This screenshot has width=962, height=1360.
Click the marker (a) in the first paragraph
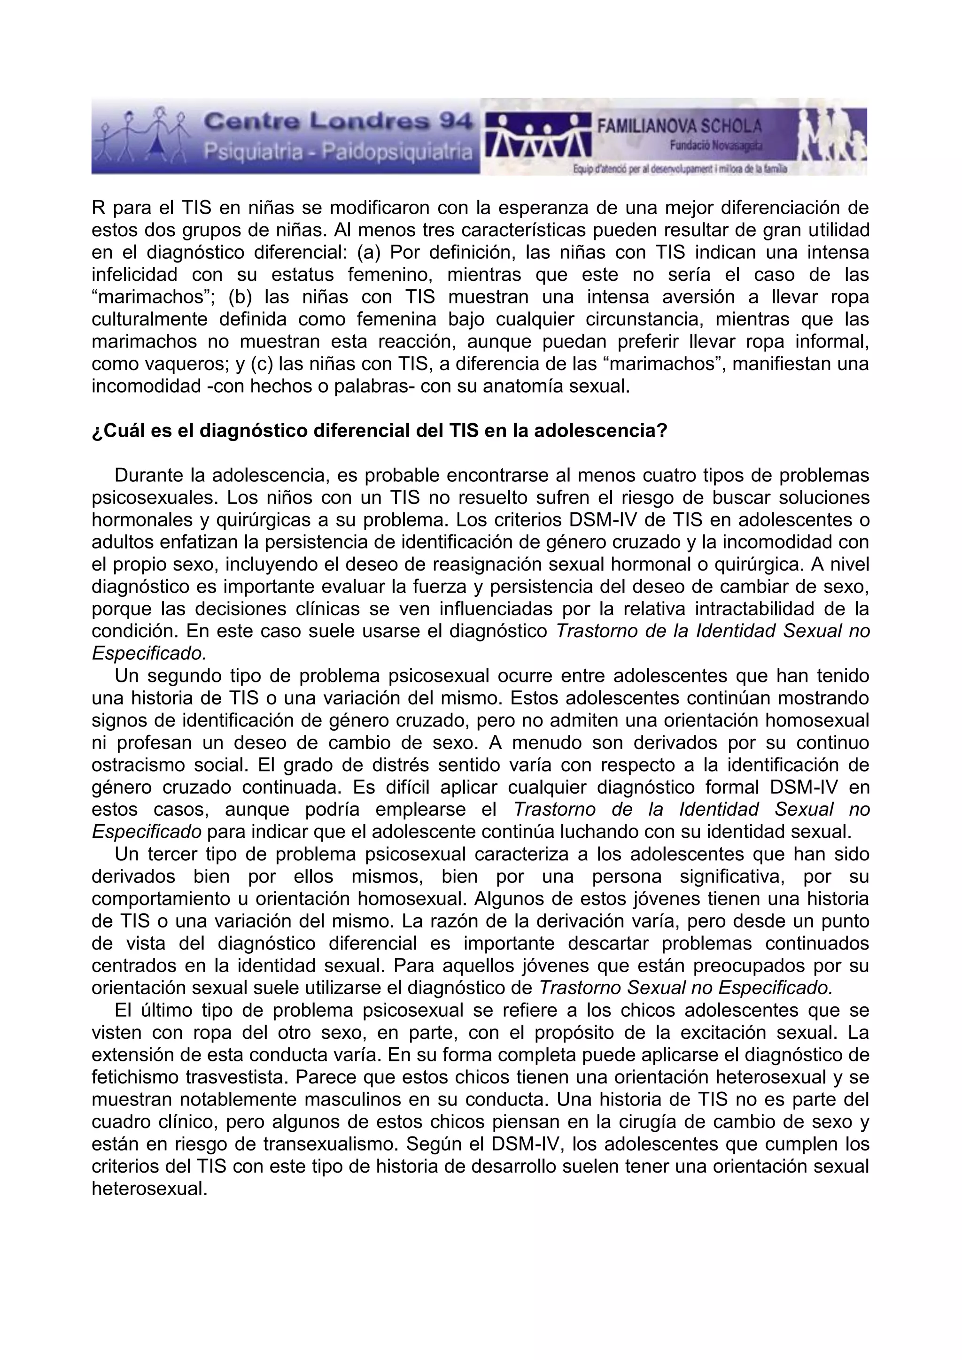tap(369, 252)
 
